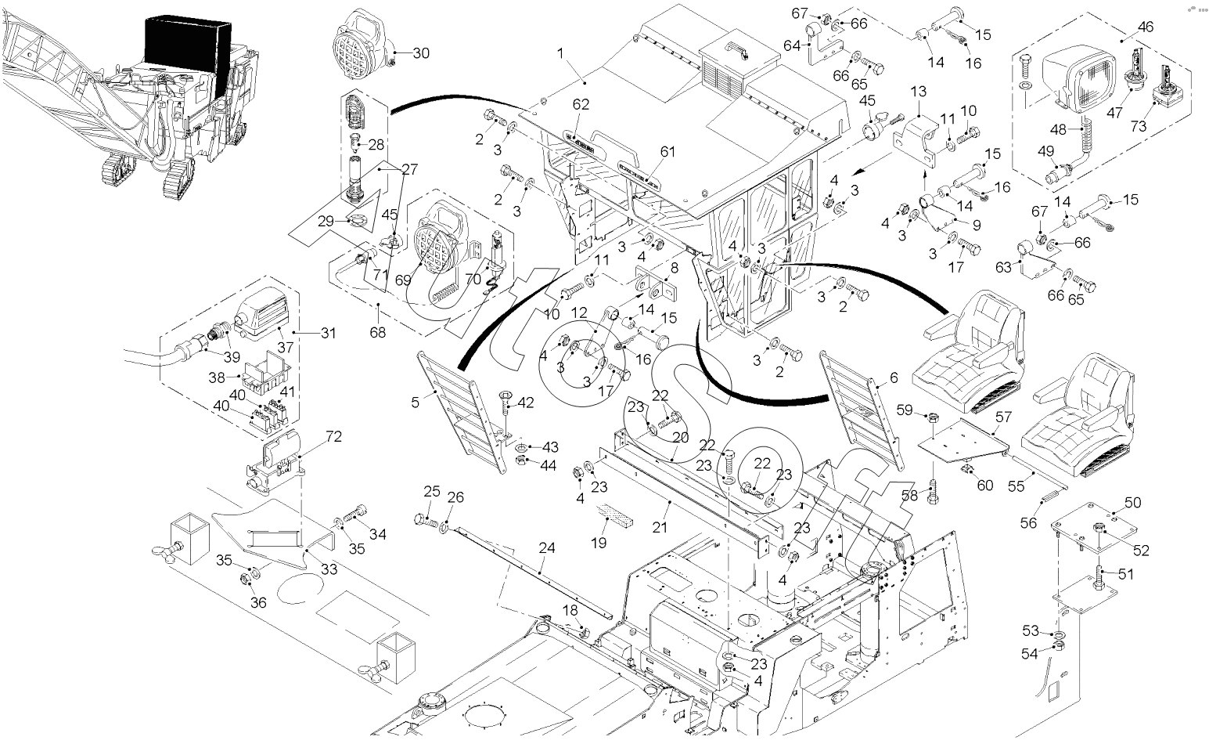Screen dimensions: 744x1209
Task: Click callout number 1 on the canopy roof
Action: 560,52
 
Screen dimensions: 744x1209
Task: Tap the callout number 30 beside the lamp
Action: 421,53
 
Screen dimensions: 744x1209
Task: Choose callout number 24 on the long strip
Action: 546,548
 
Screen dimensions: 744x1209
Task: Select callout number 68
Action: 377,333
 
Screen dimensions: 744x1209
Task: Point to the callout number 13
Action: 918,92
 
